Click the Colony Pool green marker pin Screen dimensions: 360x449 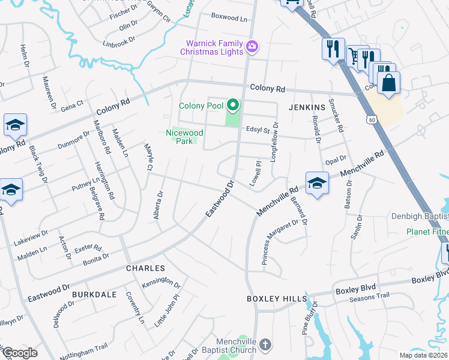click(x=232, y=106)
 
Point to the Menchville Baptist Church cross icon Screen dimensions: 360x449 click(x=267, y=344)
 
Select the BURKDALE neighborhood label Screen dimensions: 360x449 click(x=92, y=295)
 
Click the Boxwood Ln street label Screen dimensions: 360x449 click(x=229, y=19)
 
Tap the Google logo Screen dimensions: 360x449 click(x=19, y=353)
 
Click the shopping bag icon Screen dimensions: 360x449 click(x=389, y=83)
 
